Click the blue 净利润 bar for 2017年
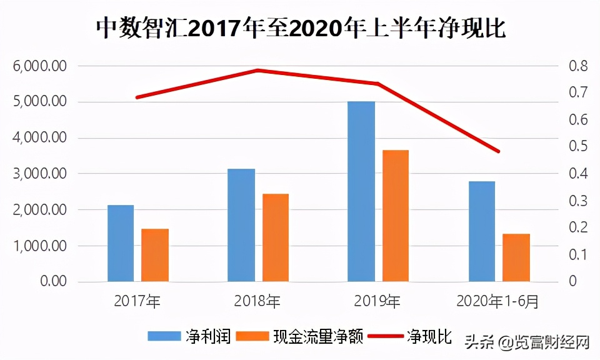click(121, 243)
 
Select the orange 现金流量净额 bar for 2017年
click(155, 255)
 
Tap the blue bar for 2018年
click(241, 225)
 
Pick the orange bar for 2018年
click(276, 237)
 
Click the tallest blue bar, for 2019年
click(361, 191)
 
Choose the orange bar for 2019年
click(396, 216)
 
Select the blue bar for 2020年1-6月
click(482, 231)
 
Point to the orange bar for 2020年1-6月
click(516, 257)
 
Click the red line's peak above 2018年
click(257, 70)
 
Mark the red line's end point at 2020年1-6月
click(499, 151)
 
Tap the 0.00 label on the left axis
click(54, 282)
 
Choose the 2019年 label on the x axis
click(377, 302)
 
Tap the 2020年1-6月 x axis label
click(497, 302)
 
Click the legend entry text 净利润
click(209, 337)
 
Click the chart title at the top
click(300, 28)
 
